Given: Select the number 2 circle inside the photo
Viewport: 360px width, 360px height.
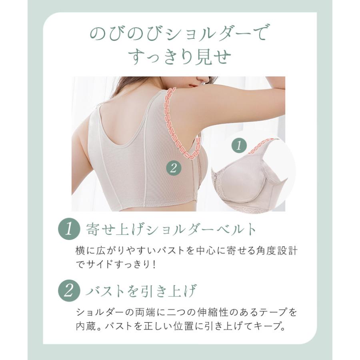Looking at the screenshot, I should tap(173, 168).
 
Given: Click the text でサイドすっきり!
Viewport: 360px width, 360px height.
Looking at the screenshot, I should tap(116, 264).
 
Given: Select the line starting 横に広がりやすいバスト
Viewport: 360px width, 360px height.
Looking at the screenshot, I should tap(186, 251).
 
